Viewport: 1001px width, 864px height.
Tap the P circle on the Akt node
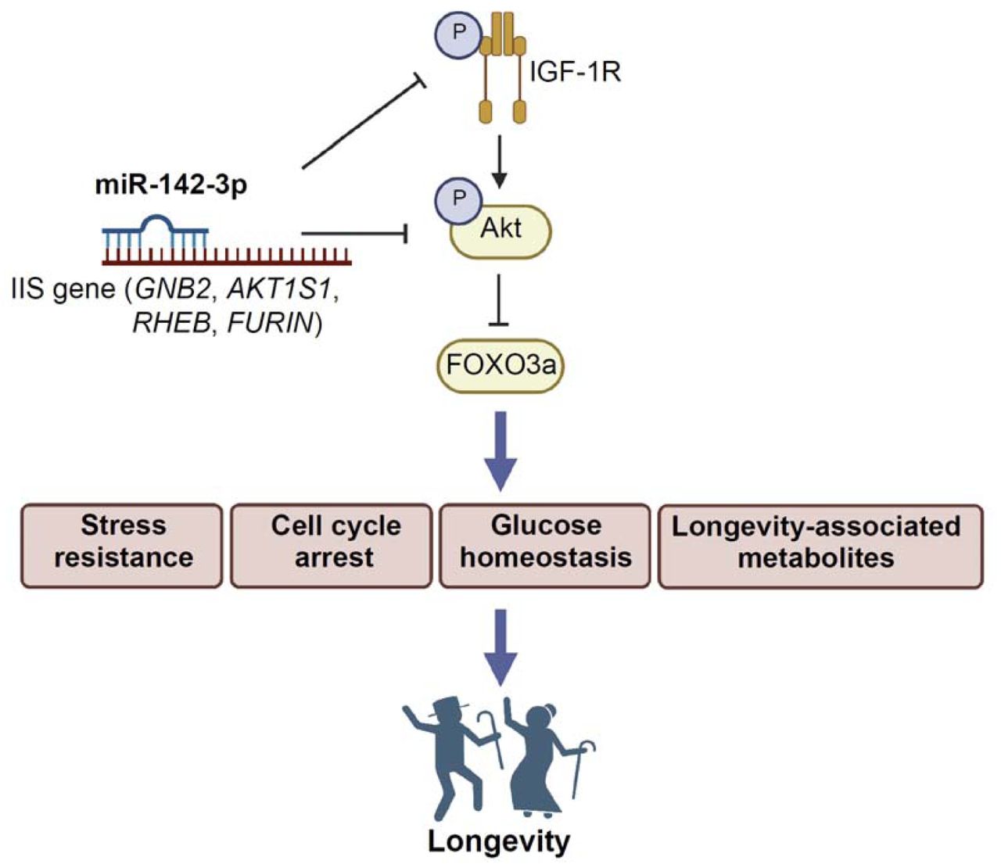pyautogui.click(x=459, y=199)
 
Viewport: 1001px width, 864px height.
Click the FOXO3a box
pyautogui.click(x=500, y=365)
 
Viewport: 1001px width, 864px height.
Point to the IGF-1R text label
pyautogui.click(x=575, y=73)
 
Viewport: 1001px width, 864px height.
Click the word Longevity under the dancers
pyautogui.click(x=499, y=841)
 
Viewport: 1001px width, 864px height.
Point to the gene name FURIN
pyautogui.click(x=269, y=321)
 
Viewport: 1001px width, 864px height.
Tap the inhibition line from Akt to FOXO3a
pyautogui.click(x=500, y=297)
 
